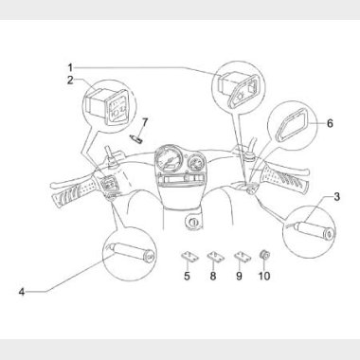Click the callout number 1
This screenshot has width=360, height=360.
(x=70, y=67)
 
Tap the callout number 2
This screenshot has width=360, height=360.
(x=70, y=81)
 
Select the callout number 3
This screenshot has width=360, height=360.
(x=337, y=197)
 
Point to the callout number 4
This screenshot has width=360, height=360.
(x=22, y=292)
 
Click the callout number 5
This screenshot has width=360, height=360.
(x=187, y=276)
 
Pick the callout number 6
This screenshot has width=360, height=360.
(x=330, y=123)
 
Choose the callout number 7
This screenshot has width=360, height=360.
(x=145, y=122)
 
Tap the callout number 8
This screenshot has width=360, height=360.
(x=213, y=276)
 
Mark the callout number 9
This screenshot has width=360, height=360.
(x=239, y=276)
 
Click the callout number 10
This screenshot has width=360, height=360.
(x=264, y=276)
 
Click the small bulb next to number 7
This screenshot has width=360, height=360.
(x=135, y=139)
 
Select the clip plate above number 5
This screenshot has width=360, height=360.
(x=189, y=257)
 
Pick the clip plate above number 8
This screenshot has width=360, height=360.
(x=216, y=257)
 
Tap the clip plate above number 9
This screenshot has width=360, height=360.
(x=243, y=257)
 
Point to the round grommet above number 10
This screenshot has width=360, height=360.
(x=264, y=255)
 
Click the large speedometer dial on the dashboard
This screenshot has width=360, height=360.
(x=169, y=159)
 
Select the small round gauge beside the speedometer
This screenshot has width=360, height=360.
(x=196, y=164)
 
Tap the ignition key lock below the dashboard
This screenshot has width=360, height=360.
(x=192, y=222)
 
